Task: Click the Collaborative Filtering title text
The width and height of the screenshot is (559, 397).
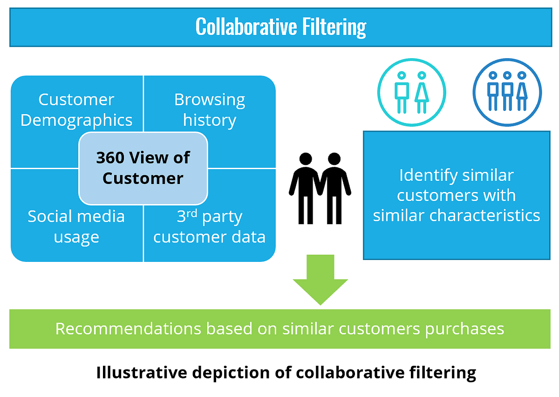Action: coord(280,27)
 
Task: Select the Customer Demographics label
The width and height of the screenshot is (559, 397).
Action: coord(76,110)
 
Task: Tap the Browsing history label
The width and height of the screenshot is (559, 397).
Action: coord(210,110)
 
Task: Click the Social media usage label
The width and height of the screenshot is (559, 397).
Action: coord(76,226)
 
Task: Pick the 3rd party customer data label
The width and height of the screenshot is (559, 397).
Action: coord(210,227)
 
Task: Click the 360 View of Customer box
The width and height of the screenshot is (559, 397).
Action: coord(143,168)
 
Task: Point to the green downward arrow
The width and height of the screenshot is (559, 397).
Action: coord(320,280)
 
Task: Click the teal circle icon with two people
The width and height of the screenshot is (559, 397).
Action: coord(411,93)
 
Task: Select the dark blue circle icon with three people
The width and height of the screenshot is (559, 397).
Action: coord(507,93)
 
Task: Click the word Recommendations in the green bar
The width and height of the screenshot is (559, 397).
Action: coord(128,329)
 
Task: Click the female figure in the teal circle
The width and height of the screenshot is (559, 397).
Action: coord(421,92)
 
